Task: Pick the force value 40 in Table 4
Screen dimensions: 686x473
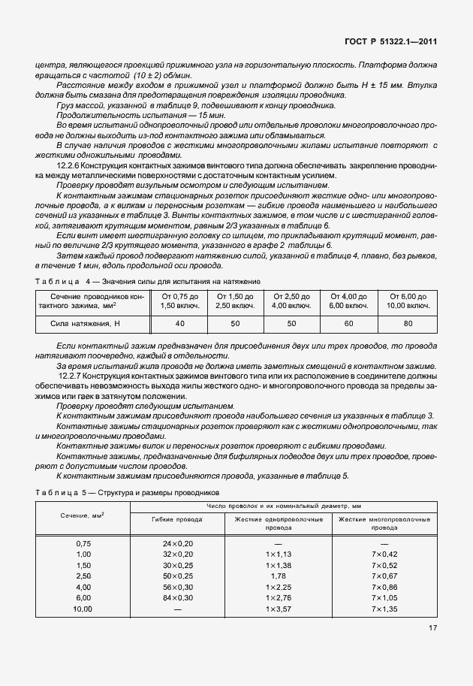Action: click(180, 323)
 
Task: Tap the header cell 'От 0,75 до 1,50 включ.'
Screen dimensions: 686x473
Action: click(180, 301)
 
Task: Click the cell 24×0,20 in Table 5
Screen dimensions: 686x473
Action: click(177, 542)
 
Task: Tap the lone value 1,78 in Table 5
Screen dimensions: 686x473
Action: click(279, 576)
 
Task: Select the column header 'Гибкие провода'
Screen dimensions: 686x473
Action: click(177, 519)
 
